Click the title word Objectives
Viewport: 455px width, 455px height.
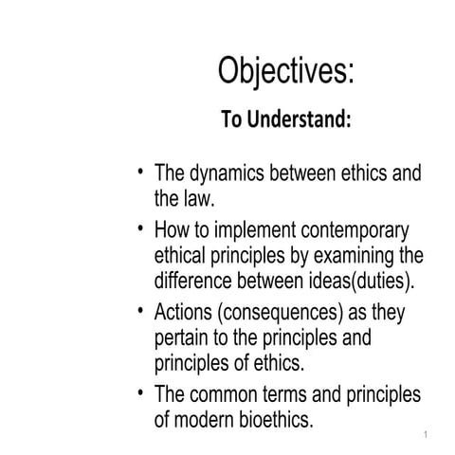pos(284,71)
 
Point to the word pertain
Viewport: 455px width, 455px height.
pos(184,337)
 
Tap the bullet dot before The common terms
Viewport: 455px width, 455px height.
pos(141,391)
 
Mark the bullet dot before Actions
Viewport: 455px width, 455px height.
pos(141,310)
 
